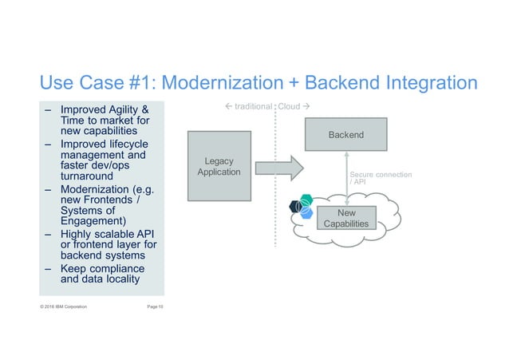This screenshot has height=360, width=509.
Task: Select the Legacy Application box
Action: pyautogui.click(x=218, y=167)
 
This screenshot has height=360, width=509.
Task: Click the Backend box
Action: pyautogui.click(x=345, y=134)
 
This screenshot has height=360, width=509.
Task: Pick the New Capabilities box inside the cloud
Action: pyautogui.click(x=347, y=218)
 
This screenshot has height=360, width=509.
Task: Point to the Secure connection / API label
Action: pyautogui.click(x=380, y=176)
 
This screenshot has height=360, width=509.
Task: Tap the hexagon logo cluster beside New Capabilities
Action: pyautogui.click(x=302, y=207)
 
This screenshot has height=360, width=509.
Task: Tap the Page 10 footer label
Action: pyautogui.click(x=150, y=306)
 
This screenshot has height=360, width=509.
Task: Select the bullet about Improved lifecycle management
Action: pyautogui.click(x=104, y=156)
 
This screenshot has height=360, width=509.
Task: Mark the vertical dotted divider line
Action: pyautogui.click(x=274, y=200)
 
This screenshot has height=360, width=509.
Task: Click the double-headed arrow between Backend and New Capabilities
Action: pyautogui.click(x=348, y=178)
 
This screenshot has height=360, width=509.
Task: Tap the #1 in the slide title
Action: pyautogui.click(x=137, y=83)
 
